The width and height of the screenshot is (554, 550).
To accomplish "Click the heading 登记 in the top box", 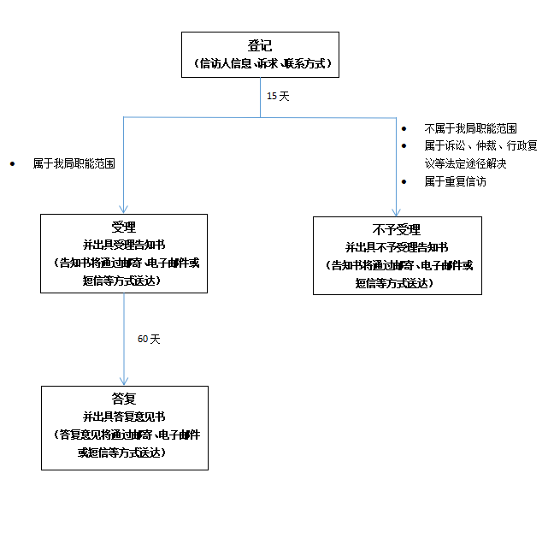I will click(260, 46).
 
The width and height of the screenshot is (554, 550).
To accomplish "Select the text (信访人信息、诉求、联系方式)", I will click(260, 64).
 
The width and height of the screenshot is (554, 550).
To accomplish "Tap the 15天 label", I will click(278, 97).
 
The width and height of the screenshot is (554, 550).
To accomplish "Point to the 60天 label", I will click(149, 339).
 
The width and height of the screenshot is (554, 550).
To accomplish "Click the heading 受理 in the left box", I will click(124, 228).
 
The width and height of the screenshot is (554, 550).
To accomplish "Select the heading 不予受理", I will click(396, 230).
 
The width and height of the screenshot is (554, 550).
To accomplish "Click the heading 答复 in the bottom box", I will click(124, 399).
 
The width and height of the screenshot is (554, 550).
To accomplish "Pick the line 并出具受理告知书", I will click(124, 245).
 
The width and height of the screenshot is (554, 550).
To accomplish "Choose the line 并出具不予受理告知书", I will click(396, 248).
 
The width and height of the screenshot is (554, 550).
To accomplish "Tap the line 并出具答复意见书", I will click(124, 417).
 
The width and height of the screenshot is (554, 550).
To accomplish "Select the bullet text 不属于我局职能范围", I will click(470, 128).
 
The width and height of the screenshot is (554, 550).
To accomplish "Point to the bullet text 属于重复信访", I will click(455, 181).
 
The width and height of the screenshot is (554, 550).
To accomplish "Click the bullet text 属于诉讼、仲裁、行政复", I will click(480, 146).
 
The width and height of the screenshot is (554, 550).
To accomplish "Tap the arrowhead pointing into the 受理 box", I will click(124, 208).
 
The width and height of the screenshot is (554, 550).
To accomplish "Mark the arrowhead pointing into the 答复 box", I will click(124, 381).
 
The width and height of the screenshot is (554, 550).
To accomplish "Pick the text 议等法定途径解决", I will click(465, 163).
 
